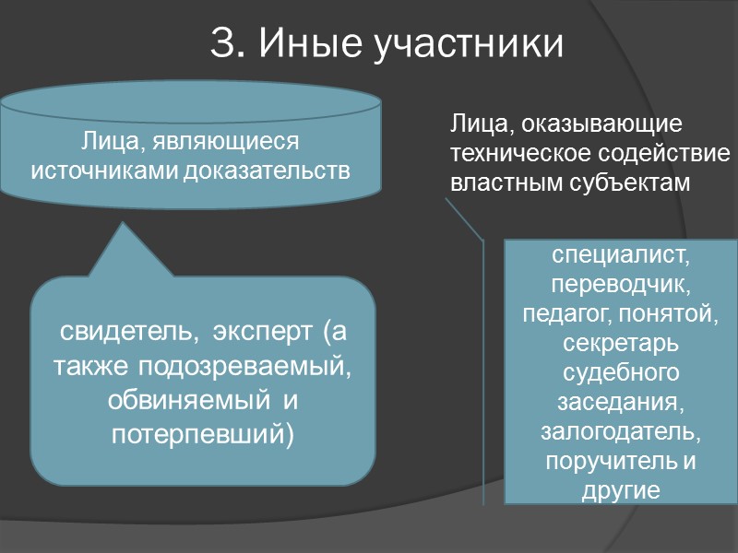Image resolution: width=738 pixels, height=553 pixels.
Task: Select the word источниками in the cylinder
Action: tap(104, 171)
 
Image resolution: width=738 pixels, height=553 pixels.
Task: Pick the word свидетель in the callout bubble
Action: tap(130, 331)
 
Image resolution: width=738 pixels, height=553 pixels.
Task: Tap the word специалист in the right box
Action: tap(620, 252)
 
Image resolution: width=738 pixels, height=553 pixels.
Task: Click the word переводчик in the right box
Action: tap(620, 283)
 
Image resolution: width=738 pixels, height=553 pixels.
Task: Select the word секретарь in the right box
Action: tap(620, 345)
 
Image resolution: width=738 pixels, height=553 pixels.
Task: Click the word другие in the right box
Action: tap(620, 490)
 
